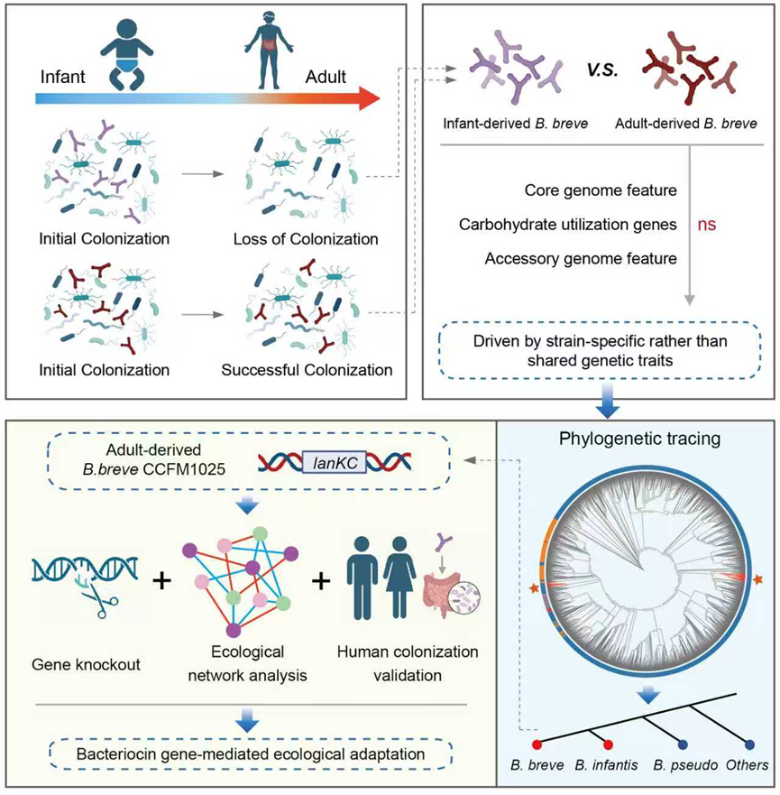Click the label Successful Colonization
(x=311, y=370)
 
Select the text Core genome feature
(x=601, y=190)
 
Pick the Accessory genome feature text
(x=581, y=259)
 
